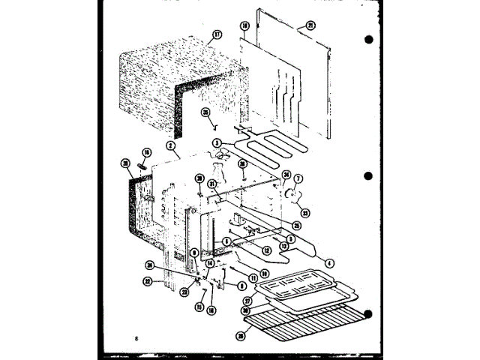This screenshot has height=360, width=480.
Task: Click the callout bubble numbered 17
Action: (x=217, y=34)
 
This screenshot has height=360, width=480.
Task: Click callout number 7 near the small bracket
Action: (x=298, y=179)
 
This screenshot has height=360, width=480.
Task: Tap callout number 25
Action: (x=297, y=226)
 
